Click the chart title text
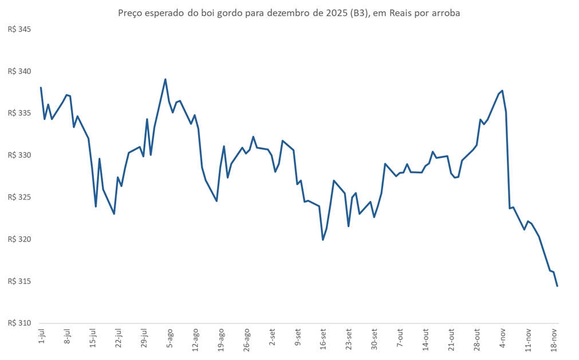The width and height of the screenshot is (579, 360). pyautogui.click(x=289, y=13)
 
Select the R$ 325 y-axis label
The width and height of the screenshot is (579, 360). pyautogui.click(x=18, y=197)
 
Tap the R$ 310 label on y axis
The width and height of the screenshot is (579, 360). pyautogui.click(x=18, y=323)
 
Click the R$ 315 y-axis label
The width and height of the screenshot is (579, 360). pyautogui.click(x=18, y=281)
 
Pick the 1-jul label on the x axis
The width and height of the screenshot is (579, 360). pyautogui.click(x=42, y=338)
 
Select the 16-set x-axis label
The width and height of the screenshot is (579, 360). pyautogui.click(x=323, y=339)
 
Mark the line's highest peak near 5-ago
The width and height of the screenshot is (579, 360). pyautogui.click(x=166, y=80)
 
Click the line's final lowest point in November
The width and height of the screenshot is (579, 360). pyautogui.click(x=557, y=286)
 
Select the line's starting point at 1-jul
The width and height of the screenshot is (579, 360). pyautogui.click(x=41, y=88)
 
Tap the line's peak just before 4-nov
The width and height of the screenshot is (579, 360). pyautogui.click(x=502, y=90)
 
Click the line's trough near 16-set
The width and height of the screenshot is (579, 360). pyautogui.click(x=323, y=240)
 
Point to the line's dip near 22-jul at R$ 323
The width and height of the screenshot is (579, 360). pyautogui.click(x=114, y=213)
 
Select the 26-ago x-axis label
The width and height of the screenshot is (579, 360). pyautogui.click(x=246, y=339)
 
